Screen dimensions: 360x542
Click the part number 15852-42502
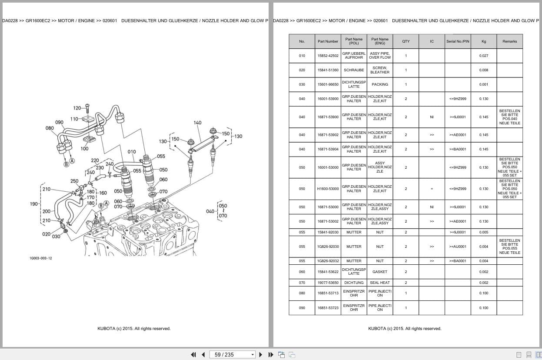tap(328, 56)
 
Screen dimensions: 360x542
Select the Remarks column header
tap(509, 41)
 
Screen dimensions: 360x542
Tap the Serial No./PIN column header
tap(458, 41)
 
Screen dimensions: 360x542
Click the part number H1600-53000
tap(328, 189)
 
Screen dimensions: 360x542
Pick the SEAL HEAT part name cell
tap(380, 283)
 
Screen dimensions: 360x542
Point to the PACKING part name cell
tap(380, 84)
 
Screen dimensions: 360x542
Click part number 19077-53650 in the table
tap(328, 283)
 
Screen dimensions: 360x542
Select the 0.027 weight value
tap(484, 56)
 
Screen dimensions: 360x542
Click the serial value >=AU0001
tap(458, 247)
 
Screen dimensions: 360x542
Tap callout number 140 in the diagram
tap(197, 123)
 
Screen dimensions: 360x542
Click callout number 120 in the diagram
tap(77, 108)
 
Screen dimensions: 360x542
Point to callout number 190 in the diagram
tap(34, 204)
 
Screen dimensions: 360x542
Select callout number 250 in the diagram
tap(74, 181)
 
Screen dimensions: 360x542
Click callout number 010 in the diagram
tap(132, 152)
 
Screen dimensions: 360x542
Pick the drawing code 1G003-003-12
tap(41, 258)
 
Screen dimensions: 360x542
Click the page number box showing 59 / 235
tap(232, 355)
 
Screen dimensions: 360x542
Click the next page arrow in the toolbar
tap(261, 355)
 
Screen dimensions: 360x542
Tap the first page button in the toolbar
tap(193, 355)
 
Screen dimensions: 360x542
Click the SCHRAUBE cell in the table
tap(354, 70)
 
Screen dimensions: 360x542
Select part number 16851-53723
tap(328, 308)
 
